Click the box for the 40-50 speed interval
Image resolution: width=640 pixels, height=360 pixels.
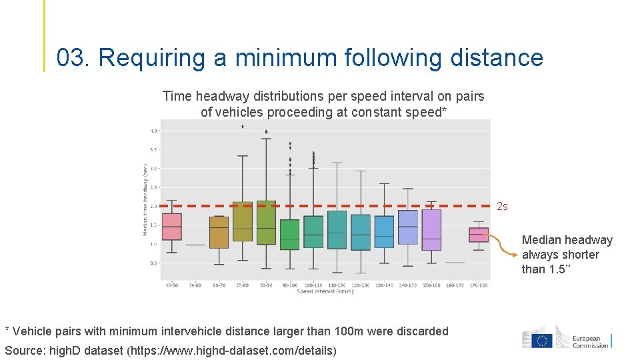point(171,227)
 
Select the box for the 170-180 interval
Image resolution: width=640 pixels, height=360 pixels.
point(479,235)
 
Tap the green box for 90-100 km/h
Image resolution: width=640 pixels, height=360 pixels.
point(290,235)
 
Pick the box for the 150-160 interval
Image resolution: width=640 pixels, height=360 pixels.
point(431,230)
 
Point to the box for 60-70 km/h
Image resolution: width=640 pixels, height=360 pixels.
point(219,232)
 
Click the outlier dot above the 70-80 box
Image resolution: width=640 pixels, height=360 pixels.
point(243,126)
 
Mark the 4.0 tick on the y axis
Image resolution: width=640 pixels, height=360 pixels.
point(153,131)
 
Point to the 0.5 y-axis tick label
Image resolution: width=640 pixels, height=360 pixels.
point(153,263)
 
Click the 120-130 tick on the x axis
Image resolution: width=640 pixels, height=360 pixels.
point(361,285)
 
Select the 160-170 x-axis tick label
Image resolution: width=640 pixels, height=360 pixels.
point(455,285)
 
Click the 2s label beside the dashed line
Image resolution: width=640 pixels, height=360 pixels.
point(502,207)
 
